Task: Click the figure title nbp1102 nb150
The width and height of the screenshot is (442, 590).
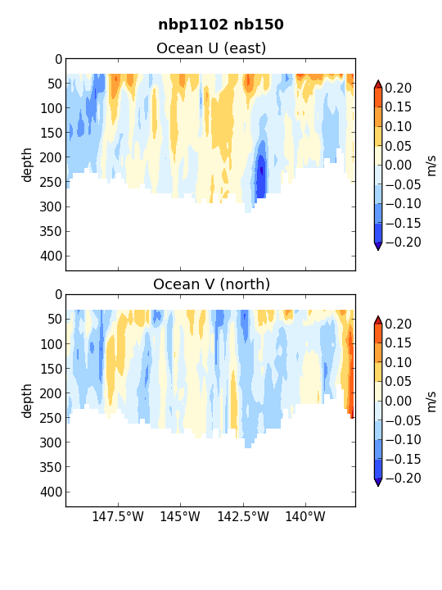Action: (x=221, y=25)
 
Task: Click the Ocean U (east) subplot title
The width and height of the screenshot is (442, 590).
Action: (x=211, y=48)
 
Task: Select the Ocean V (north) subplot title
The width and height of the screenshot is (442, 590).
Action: (x=212, y=284)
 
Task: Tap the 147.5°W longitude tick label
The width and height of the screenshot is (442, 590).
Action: (x=118, y=516)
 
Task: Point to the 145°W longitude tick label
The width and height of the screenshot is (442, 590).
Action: (x=180, y=516)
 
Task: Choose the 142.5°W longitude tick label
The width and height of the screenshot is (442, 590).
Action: (x=243, y=516)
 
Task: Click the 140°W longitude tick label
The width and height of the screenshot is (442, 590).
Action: (x=305, y=516)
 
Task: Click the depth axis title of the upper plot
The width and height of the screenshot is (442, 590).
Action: (x=27, y=166)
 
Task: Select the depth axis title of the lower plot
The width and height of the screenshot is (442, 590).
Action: (x=27, y=401)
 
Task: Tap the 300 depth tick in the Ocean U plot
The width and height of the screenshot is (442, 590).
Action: (x=51, y=206)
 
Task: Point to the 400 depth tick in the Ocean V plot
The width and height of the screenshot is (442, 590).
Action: (x=51, y=492)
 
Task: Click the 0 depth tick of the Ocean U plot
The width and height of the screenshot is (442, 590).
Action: (x=58, y=60)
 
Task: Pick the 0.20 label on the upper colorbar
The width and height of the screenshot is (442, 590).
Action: (x=399, y=88)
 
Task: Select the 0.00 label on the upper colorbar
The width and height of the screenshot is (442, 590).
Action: (x=399, y=165)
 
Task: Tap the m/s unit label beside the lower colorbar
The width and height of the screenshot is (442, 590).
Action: (x=432, y=402)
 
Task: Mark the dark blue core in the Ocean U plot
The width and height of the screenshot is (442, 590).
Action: (x=261, y=171)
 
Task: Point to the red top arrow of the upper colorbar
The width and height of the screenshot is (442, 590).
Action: (x=378, y=84)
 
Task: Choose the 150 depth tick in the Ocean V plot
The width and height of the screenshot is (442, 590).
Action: (x=51, y=369)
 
